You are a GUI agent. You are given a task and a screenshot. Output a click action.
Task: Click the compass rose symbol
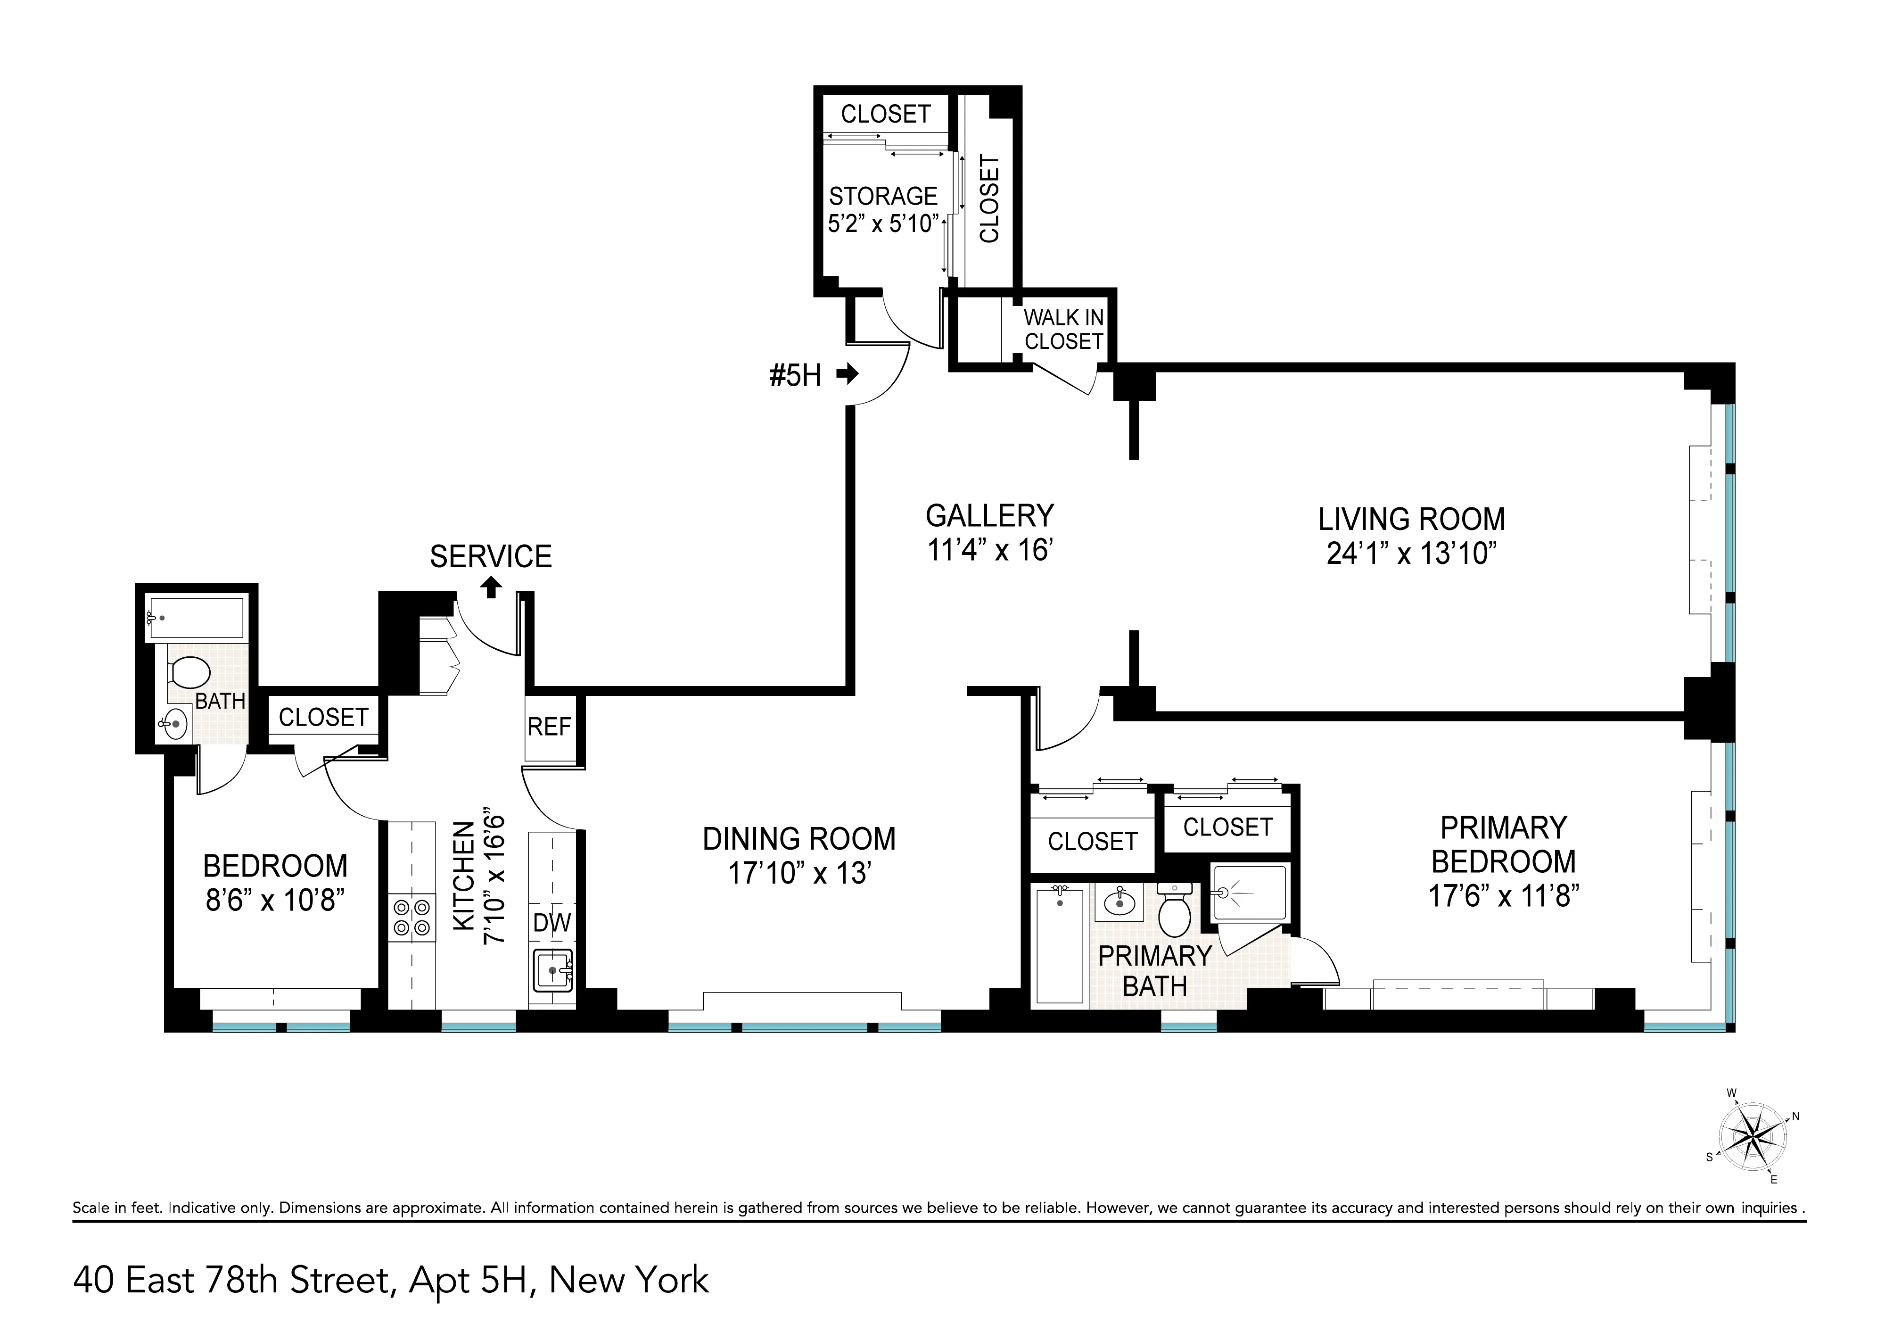(x=1753, y=1137)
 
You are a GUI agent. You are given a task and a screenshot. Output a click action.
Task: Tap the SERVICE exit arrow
(x=491, y=587)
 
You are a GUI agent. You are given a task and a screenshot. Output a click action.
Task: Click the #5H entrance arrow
(x=847, y=375)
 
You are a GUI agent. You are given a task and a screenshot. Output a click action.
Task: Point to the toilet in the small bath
(x=189, y=672)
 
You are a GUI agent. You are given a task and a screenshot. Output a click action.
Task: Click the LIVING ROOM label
(x=1411, y=520)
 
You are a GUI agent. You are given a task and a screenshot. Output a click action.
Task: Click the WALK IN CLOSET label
(x=1063, y=329)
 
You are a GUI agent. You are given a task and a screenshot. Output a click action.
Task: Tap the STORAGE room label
(x=882, y=196)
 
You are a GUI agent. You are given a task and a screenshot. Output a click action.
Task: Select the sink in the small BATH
(x=174, y=723)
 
